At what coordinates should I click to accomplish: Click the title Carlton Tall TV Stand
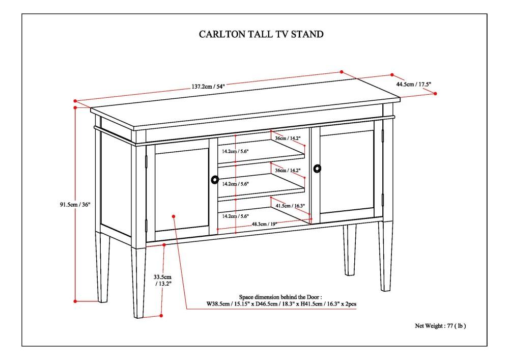[261, 35]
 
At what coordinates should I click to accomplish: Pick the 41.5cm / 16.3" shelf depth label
[290, 206]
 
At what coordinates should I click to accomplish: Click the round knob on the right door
[318, 168]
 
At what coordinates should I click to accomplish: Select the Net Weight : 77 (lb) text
[441, 325]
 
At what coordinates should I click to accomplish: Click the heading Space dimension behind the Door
[280, 296]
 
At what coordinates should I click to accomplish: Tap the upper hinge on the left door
[148, 161]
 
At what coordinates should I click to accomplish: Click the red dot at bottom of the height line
[76, 301]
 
